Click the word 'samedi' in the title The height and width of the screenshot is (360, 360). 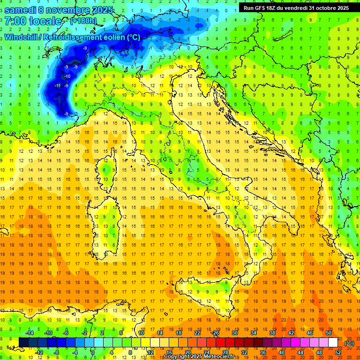[20, 10]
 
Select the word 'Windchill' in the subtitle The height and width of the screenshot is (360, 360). [22, 37]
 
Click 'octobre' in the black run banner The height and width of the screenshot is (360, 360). [320, 8]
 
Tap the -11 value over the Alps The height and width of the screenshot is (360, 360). [57, 85]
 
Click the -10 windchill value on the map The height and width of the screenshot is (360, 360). [67, 76]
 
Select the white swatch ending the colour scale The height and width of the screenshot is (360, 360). [333, 343]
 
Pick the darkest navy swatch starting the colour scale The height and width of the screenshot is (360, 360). [23, 343]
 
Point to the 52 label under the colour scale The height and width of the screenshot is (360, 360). [338, 352]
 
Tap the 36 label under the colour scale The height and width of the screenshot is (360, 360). [263, 352]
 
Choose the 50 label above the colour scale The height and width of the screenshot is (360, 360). [329, 333]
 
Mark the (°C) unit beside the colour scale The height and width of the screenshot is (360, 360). [349, 343]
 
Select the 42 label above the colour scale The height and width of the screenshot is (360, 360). [291, 333]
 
